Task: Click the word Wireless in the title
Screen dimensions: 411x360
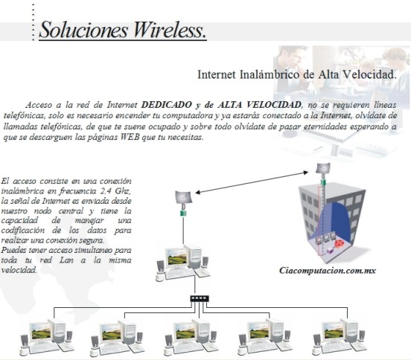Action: tap(170, 30)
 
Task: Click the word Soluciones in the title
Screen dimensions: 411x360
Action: tap(83, 30)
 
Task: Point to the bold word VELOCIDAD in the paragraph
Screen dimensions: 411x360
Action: tap(275, 105)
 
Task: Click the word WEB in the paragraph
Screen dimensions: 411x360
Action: tap(130, 137)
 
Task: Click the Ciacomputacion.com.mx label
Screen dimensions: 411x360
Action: tap(328, 271)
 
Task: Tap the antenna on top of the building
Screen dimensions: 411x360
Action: tap(323, 168)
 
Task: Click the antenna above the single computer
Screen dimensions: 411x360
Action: tap(184, 197)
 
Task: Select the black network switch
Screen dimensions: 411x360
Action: tap(200, 298)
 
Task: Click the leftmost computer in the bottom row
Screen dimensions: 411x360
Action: tap(47, 337)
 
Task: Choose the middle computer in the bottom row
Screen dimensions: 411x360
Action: tap(191, 337)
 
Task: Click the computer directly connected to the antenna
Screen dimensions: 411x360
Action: tap(183, 263)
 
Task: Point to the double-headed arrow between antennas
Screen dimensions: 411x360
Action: tap(252, 182)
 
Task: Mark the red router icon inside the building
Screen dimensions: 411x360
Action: tap(340, 243)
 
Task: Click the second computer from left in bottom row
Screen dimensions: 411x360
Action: tap(118, 337)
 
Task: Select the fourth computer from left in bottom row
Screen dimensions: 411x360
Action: tap(265, 337)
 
